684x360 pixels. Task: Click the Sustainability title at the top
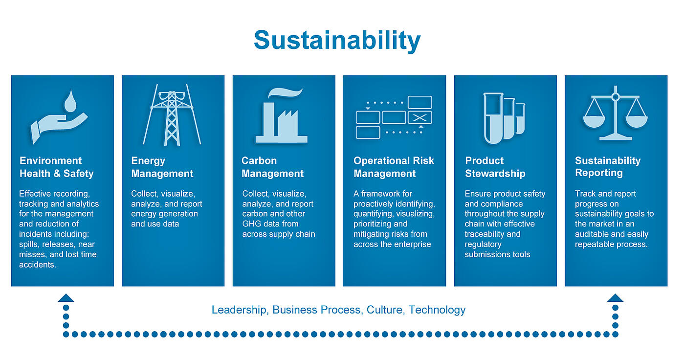[337, 41]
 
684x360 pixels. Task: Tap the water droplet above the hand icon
[70, 101]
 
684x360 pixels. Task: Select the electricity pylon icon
[172, 115]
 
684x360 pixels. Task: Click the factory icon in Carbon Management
[282, 116]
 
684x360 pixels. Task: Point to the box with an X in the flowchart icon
[420, 118]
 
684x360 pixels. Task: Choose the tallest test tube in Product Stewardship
[493, 118]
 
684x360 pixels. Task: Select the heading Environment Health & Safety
[57, 167]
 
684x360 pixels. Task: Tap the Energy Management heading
[162, 167]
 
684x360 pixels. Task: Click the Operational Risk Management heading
[394, 167]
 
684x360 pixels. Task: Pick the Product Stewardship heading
[495, 167]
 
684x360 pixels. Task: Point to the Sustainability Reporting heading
[608, 167]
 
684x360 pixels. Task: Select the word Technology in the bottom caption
[437, 310]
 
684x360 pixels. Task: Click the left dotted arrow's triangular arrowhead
[66, 298]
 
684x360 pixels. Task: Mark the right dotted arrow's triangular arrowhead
[615, 298]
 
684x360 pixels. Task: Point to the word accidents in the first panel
[38, 265]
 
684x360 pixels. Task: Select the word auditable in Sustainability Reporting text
[592, 234]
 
